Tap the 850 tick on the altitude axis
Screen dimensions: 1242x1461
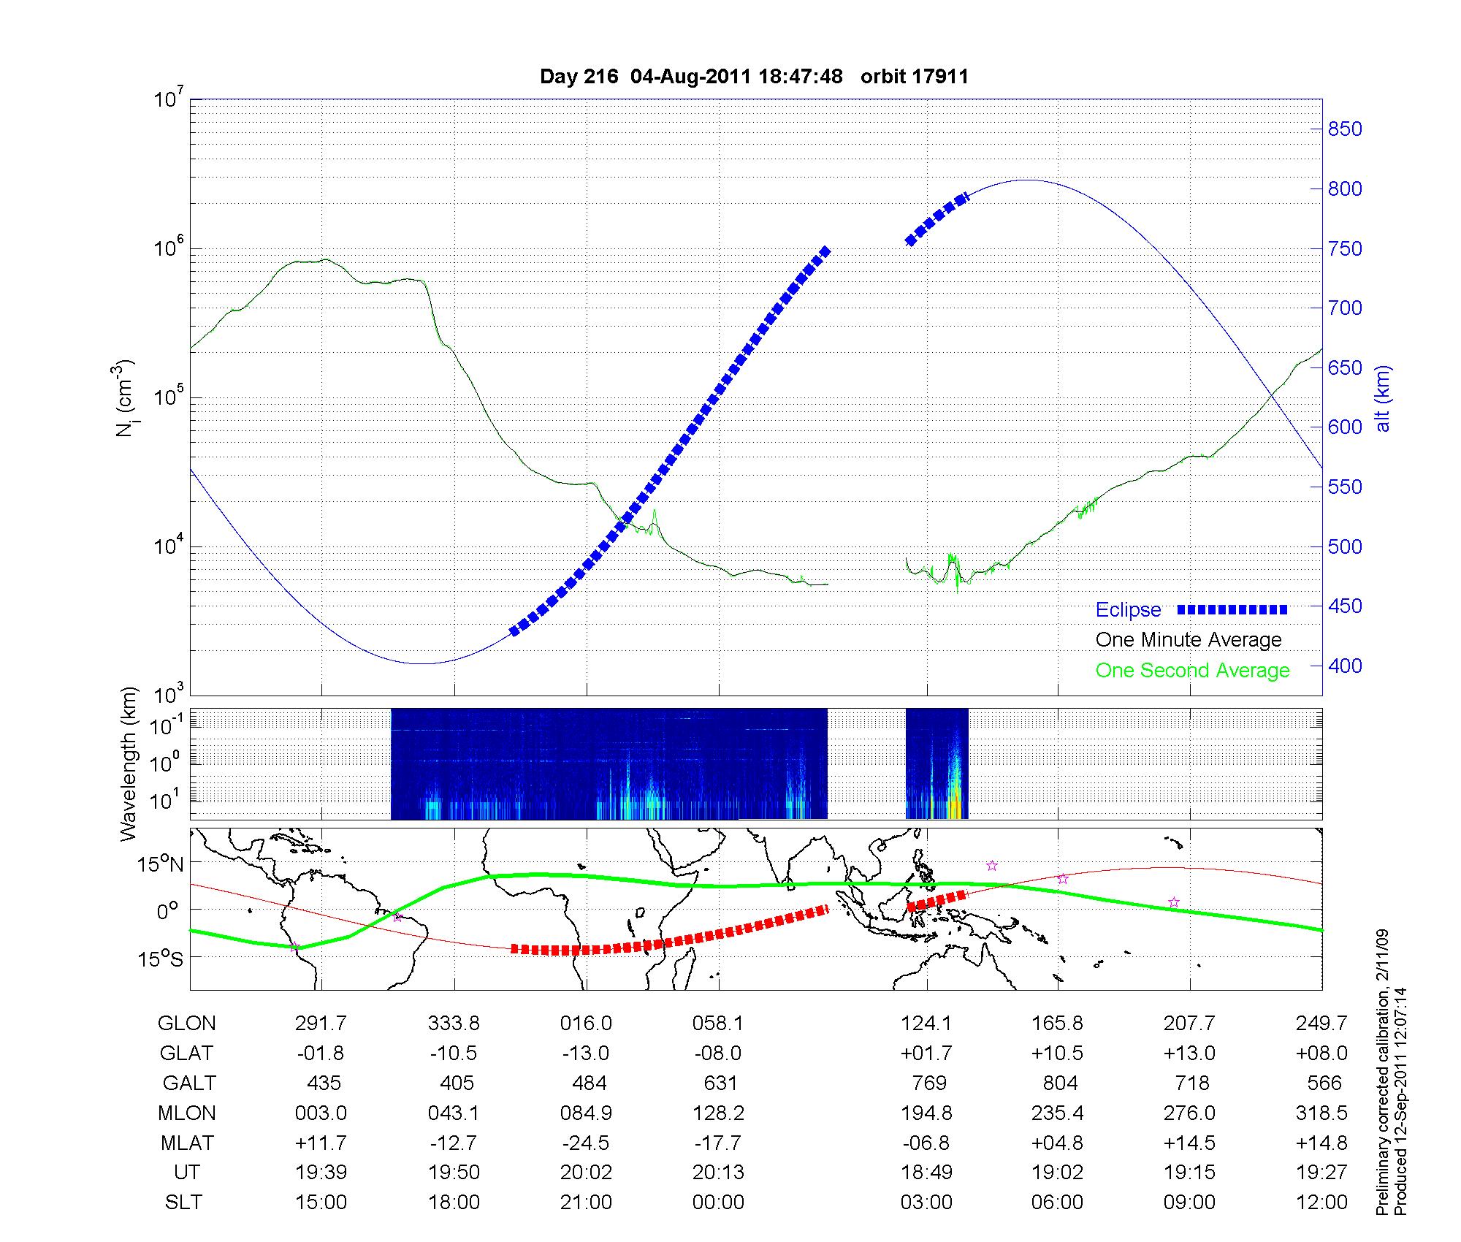[1345, 129]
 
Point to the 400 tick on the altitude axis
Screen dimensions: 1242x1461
[1345, 666]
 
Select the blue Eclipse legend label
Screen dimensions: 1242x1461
[1128, 610]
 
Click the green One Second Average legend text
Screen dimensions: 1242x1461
[1192, 671]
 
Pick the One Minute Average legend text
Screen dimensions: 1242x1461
[1189, 640]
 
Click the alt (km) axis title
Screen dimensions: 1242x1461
[1382, 398]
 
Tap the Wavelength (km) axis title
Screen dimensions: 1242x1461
[129, 764]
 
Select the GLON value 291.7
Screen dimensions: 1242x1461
[321, 1024]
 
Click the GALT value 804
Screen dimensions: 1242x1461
[1060, 1083]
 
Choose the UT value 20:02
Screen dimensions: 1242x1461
[586, 1173]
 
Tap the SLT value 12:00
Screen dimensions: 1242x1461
[1321, 1203]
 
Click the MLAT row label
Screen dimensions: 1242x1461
[186, 1143]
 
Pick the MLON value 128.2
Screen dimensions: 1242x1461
[719, 1113]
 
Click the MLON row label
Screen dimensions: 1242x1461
[186, 1113]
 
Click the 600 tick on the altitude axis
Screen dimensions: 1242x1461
[1345, 427]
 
